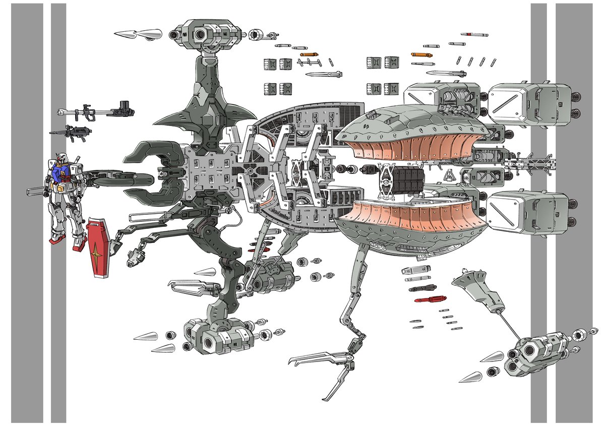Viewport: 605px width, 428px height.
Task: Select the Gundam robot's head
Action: (59, 164)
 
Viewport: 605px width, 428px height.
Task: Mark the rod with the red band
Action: (474, 35)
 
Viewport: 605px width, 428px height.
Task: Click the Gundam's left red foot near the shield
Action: (78, 246)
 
